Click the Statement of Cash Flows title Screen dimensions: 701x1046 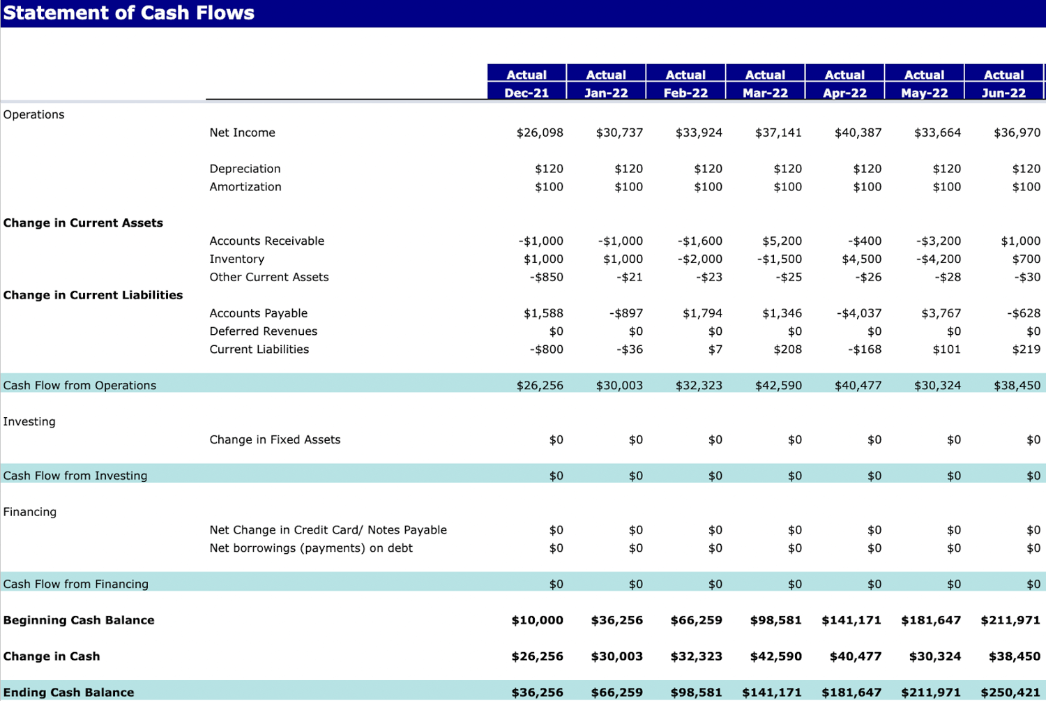[x=129, y=13]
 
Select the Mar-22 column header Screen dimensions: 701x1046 [x=765, y=93]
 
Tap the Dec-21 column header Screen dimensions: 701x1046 [x=526, y=93]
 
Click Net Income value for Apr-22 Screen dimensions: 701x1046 [x=858, y=133]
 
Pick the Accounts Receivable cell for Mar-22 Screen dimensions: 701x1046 [x=782, y=241]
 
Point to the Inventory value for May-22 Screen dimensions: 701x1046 [x=938, y=259]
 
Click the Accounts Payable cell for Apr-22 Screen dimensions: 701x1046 [x=859, y=314]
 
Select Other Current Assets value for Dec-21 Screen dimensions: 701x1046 [x=546, y=278]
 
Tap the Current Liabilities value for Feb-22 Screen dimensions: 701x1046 [x=715, y=349]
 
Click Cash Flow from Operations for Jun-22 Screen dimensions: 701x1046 [x=1017, y=386]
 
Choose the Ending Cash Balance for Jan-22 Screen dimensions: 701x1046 [x=616, y=693]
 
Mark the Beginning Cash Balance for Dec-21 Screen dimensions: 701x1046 [x=537, y=621]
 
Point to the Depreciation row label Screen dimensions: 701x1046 [x=245, y=169]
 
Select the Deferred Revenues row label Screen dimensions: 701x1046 [x=263, y=331]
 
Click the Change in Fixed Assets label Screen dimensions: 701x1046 [x=275, y=440]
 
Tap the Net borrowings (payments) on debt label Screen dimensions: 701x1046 [x=311, y=548]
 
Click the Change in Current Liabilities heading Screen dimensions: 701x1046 [x=93, y=296]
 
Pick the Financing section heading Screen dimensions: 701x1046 [x=30, y=512]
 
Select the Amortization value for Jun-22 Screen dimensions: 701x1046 [x=1026, y=187]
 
